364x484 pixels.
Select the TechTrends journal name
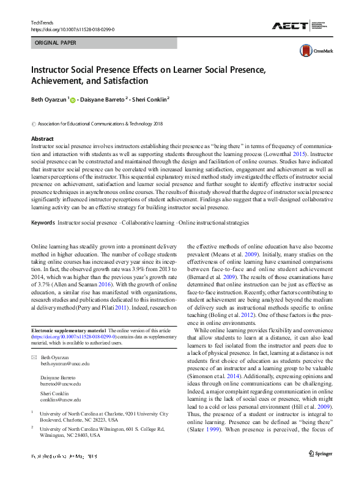click(42, 23)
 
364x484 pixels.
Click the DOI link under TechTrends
click(72, 29)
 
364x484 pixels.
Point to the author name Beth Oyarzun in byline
click(49, 99)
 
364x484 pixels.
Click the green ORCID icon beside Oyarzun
click(73, 99)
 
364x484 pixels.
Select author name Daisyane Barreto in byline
click(103, 99)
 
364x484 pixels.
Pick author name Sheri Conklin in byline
click(150, 99)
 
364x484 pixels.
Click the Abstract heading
click(42, 139)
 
